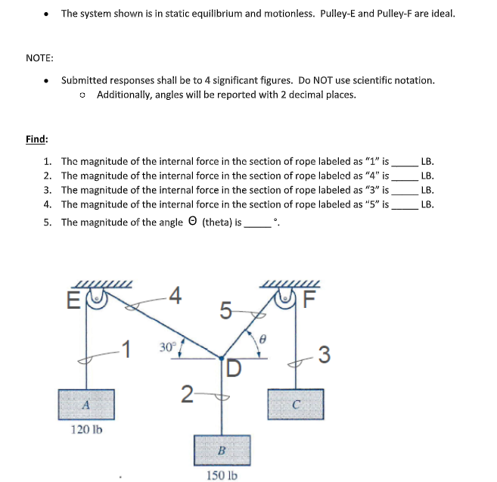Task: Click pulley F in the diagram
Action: (293, 297)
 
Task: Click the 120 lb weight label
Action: (86, 430)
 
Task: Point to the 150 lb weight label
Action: (222, 475)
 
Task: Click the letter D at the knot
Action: (234, 368)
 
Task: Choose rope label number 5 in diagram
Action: (225, 310)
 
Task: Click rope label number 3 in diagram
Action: (325, 353)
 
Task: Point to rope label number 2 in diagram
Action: (186, 393)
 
